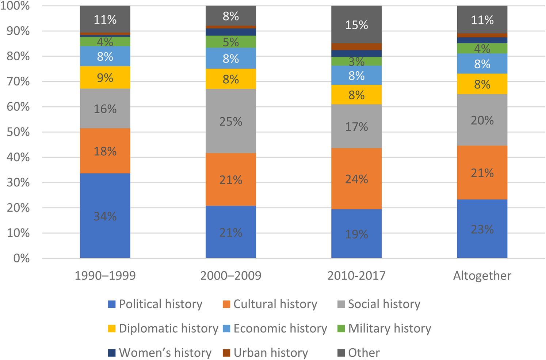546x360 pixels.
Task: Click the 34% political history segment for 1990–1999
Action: (x=105, y=216)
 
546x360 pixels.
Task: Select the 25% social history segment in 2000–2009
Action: (x=231, y=121)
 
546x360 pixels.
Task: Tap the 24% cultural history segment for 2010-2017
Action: (x=356, y=179)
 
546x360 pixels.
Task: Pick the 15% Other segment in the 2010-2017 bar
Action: (x=356, y=24)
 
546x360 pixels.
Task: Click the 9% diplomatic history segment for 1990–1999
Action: (x=105, y=77)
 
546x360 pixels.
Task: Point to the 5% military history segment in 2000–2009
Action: (x=231, y=42)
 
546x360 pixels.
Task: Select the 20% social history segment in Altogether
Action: (x=482, y=120)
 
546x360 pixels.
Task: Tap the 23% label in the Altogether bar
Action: (x=482, y=229)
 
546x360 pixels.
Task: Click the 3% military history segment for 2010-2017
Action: (x=356, y=61)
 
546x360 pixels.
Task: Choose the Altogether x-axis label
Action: (x=482, y=276)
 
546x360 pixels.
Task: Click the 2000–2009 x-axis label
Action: (x=231, y=276)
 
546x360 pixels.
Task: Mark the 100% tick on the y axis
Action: (x=15, y=6)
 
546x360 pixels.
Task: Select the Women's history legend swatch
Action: (x=112, y=353)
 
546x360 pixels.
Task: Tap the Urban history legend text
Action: (x=271, y=353)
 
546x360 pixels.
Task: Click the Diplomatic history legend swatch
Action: (x=112, y=329)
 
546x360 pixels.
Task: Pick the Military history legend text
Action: (x=389, y=329)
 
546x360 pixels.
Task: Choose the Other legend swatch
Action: (x=341, y=353)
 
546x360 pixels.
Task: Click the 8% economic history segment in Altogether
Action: (x=482, y=64)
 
